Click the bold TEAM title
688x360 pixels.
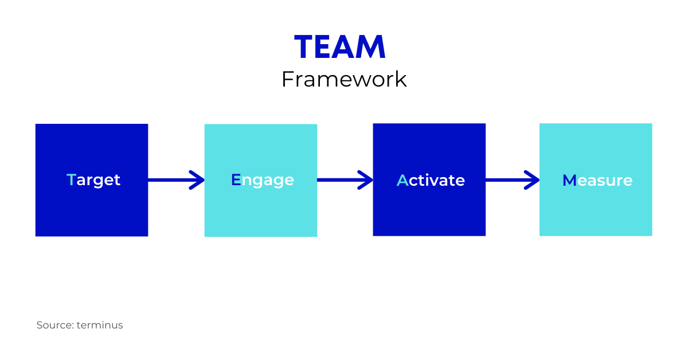point(340,48)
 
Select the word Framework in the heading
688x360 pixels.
point(344,79)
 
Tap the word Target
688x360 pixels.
point(93,180)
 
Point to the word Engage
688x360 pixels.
point(262,180)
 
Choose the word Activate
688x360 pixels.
point(431,181)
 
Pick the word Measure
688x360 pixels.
point(597,181)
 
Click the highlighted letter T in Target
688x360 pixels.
point(71,180)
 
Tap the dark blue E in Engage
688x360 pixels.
point(236,180)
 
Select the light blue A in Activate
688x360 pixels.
point(402,181)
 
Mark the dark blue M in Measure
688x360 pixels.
point(569,181)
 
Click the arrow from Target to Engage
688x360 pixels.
point(175,180)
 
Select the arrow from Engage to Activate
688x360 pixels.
point(344,180)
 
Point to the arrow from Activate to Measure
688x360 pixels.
point(511,180)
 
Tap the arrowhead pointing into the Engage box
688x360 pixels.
point(198,180)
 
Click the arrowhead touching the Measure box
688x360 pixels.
point(533,180)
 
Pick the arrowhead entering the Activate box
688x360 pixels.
point(366,180)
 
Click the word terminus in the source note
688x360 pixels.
point(100,325)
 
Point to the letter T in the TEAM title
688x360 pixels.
point(304,48)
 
